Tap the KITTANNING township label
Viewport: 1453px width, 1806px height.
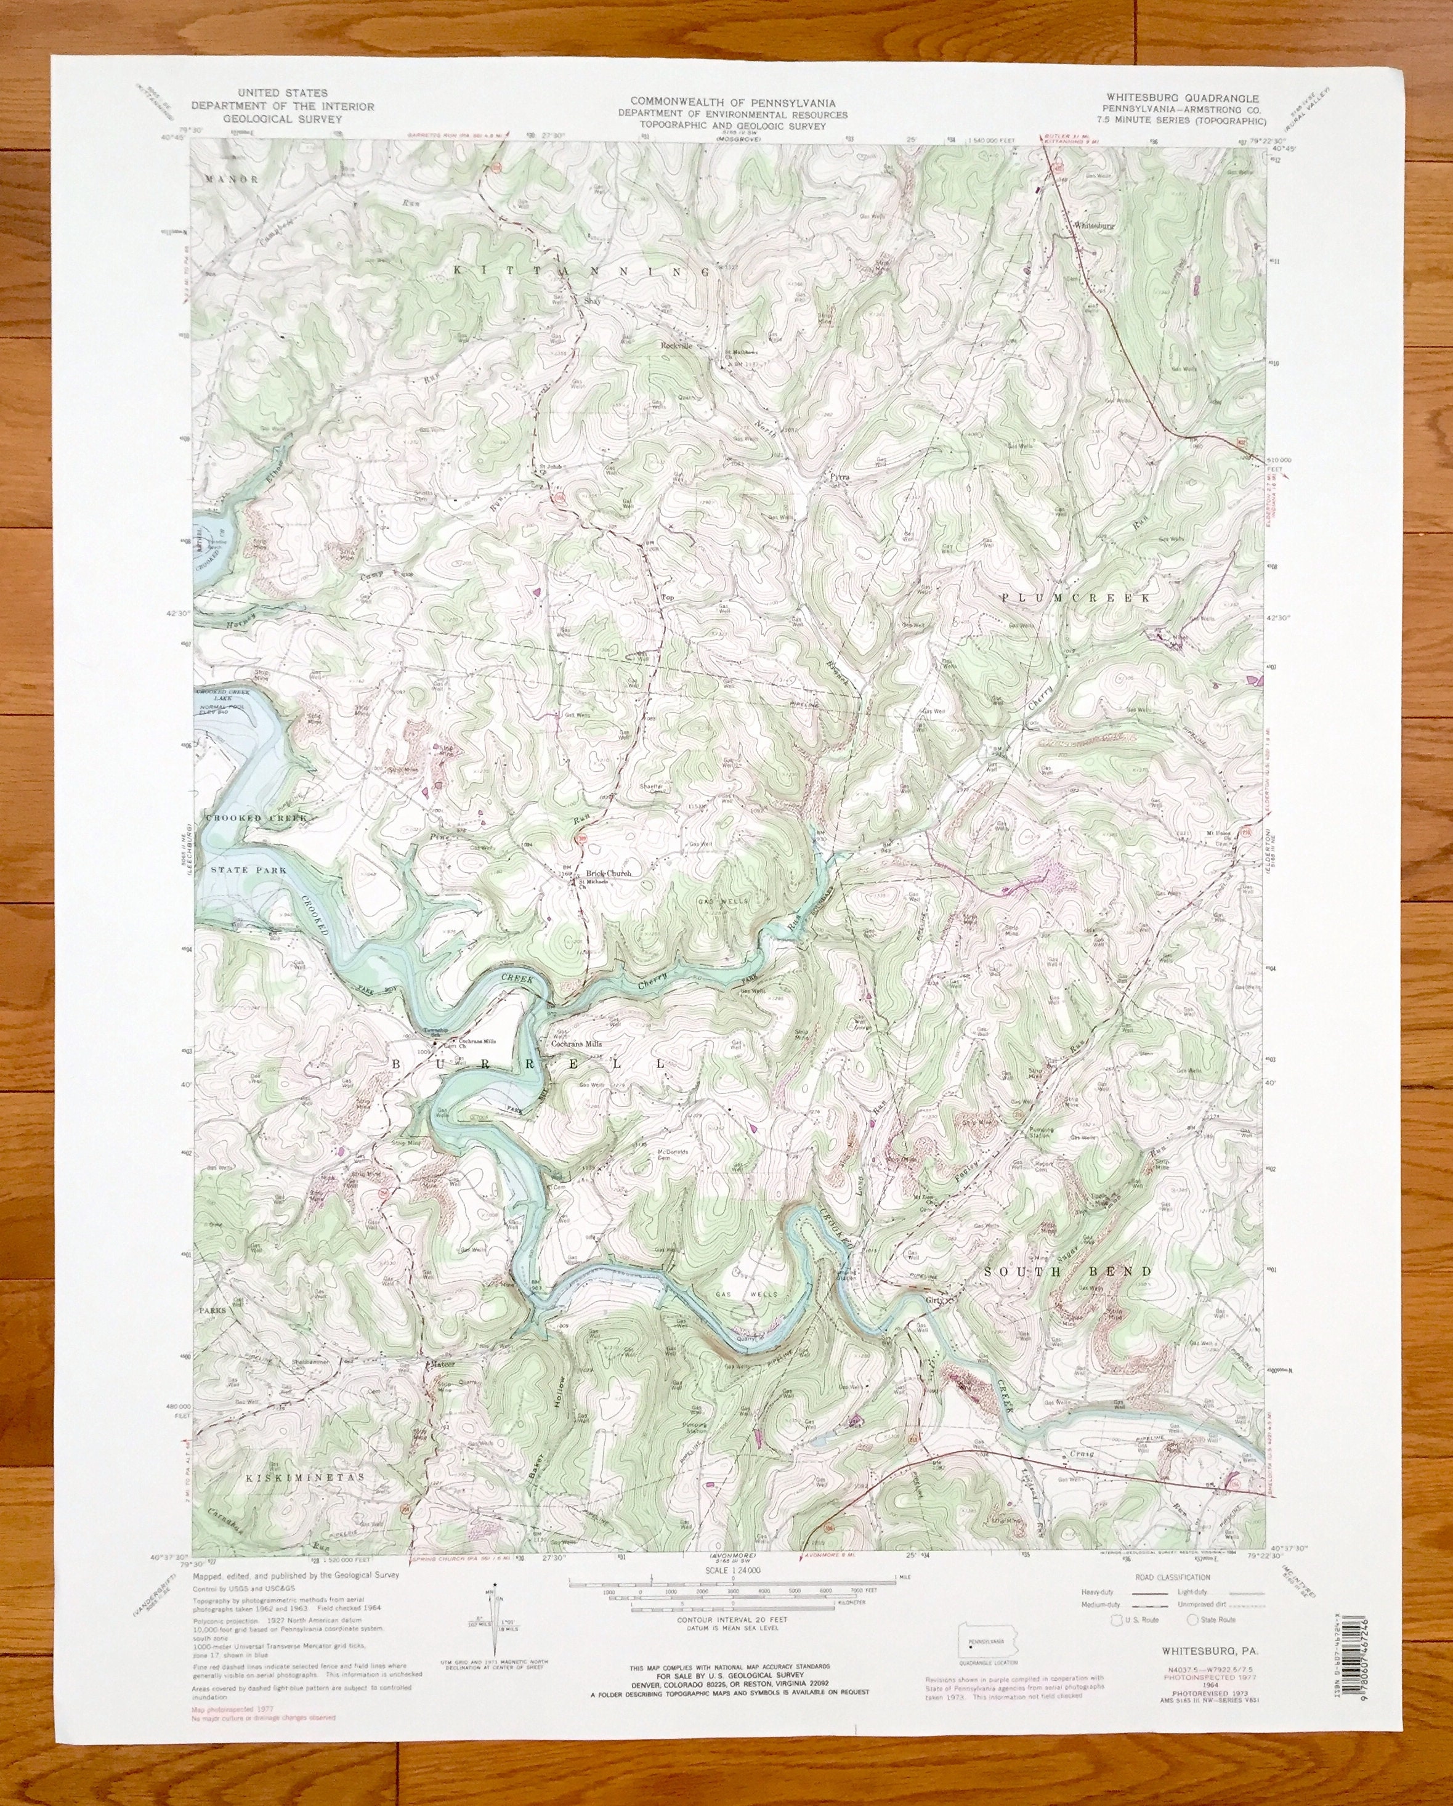(x=582, y=270)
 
